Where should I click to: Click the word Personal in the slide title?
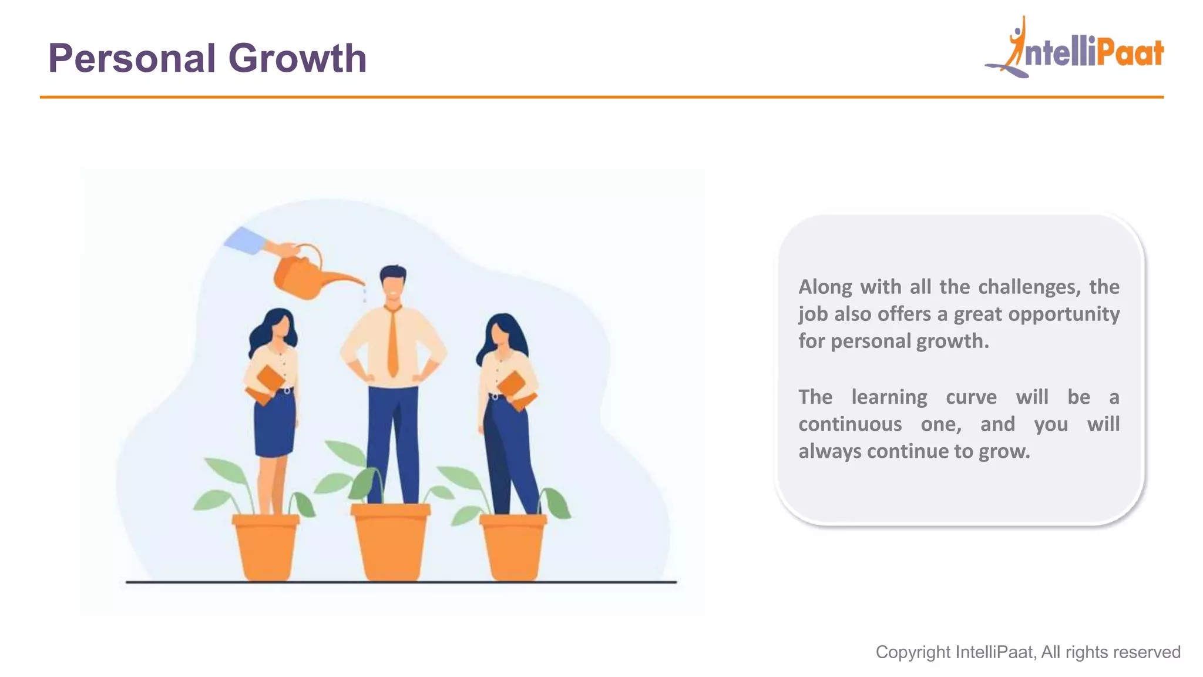[132, 59]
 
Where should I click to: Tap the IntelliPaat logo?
[1075, 50]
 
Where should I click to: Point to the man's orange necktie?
[392, 344]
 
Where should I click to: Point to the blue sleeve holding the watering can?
[244, 240]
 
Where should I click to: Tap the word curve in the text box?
[971, 397]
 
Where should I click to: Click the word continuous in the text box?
[850, 424]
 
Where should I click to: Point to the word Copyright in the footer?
[913, 652]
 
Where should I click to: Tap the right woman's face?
[500, 334]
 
